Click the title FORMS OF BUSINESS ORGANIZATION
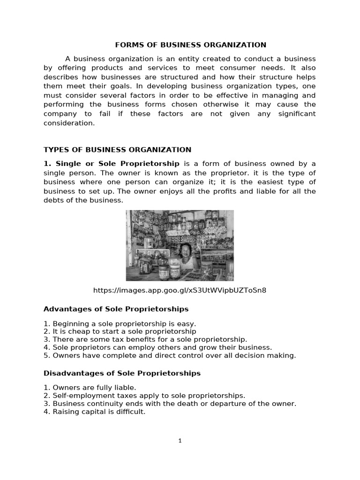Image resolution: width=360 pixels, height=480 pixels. (191, 45)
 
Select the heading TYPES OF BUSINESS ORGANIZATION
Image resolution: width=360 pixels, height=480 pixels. (117, 150)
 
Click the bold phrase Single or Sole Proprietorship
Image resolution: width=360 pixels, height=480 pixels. (117, 164)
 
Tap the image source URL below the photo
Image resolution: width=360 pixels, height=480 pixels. (180, 290)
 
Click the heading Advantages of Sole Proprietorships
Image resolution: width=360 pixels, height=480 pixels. (116, 309)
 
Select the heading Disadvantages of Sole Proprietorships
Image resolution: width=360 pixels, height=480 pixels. (122, 373)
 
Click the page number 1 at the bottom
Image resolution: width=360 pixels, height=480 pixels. (180, 440)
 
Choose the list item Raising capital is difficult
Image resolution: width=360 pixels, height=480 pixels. (95, 412)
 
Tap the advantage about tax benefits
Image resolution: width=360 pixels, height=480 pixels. (145, 339)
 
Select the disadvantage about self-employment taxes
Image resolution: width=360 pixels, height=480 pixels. (144, 396)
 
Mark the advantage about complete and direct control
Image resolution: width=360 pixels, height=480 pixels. (170, 355)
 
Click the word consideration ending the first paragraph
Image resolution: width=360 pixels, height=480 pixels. (69, 123)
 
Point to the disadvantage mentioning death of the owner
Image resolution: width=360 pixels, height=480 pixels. (170, 404)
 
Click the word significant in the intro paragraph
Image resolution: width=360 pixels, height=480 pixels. (294, 114)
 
